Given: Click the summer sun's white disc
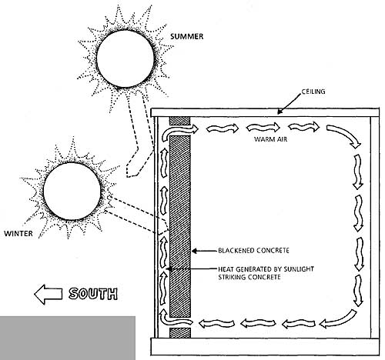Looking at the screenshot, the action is tap(126, 58).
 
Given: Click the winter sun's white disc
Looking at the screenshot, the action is tap(72, 191).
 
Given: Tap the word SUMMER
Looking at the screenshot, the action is tap(187, 36).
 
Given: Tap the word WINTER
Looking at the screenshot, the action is tap(18, 234).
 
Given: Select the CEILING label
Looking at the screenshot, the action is tap(313, 92).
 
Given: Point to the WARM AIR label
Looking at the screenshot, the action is tap(270, 139).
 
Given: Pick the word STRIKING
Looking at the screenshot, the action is tap(232, 277).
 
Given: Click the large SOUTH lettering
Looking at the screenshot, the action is tap(93, 294).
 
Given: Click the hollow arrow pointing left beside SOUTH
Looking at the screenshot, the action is tap(49, 295).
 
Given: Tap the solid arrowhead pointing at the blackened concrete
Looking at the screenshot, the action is tap(194, 251).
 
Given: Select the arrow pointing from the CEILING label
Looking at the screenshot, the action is tap(289, 103).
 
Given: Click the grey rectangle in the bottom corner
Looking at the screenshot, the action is tap(68, 338).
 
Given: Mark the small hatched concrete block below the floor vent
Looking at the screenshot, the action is tap(180, 332).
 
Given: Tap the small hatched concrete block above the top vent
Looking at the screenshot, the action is tap(179, 121).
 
